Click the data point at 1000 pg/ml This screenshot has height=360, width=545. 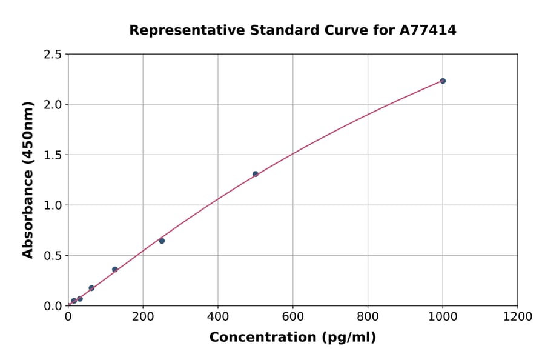click(443, 81)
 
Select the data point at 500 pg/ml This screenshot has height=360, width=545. click(256, 174)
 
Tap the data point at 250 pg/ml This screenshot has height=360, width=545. click(162, 241)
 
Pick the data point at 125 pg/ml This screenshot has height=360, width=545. click(115, 269)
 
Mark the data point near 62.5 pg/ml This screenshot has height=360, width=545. click(91, 288)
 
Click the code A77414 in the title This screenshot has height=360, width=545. click(428, 30)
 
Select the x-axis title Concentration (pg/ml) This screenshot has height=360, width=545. click(292, 338)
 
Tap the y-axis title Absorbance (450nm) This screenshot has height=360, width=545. click(28, 179)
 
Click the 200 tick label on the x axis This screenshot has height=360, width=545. click(143, 316)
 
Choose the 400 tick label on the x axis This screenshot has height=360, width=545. click(218, 316)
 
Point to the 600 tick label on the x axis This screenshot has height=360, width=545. click(292, 316)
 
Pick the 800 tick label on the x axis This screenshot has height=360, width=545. click(368, 316)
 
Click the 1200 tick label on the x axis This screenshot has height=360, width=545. click(518, 316)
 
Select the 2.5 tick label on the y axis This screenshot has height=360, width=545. click(53, 55)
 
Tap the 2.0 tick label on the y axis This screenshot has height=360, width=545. click(53, 105)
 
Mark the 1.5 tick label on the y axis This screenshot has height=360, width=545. click(53, 155)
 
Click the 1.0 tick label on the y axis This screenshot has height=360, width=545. click(53, 205)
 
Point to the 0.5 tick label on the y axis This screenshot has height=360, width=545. click(53, 256)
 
